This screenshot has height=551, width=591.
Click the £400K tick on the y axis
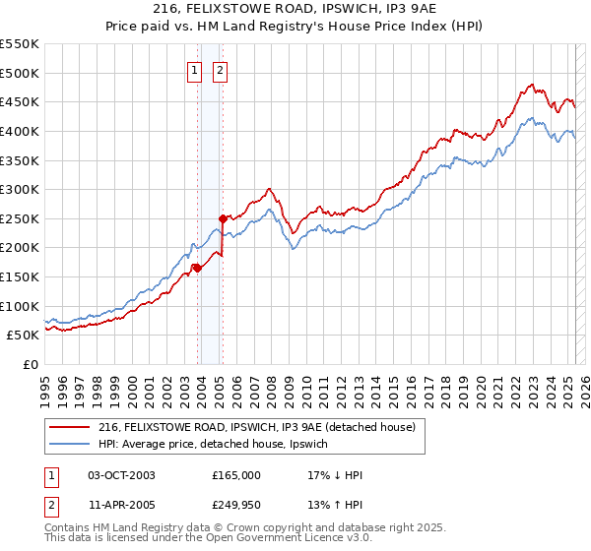(19, 131)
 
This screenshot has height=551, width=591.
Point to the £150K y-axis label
(19, 276)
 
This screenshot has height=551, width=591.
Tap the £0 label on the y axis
(32, 364)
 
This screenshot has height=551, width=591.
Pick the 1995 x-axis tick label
(45, 384)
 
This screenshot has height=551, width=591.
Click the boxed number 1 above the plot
(195, 70)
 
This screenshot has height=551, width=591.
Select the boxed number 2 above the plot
(219, 70)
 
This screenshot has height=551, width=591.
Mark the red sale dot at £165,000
(197, 267)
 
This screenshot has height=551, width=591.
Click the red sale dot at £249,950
(223, 217)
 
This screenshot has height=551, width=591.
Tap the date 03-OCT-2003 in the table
(122, 475)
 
